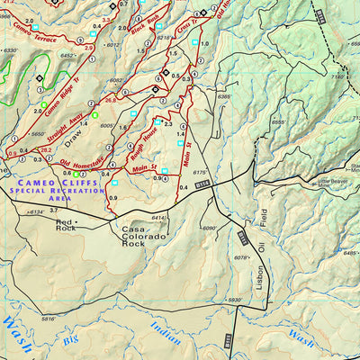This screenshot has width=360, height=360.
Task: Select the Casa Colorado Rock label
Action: (x=145, y=236)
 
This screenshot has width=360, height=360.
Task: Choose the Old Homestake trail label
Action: (x=80, y=163)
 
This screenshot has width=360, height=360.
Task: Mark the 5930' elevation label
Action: (x=235, y=300)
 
